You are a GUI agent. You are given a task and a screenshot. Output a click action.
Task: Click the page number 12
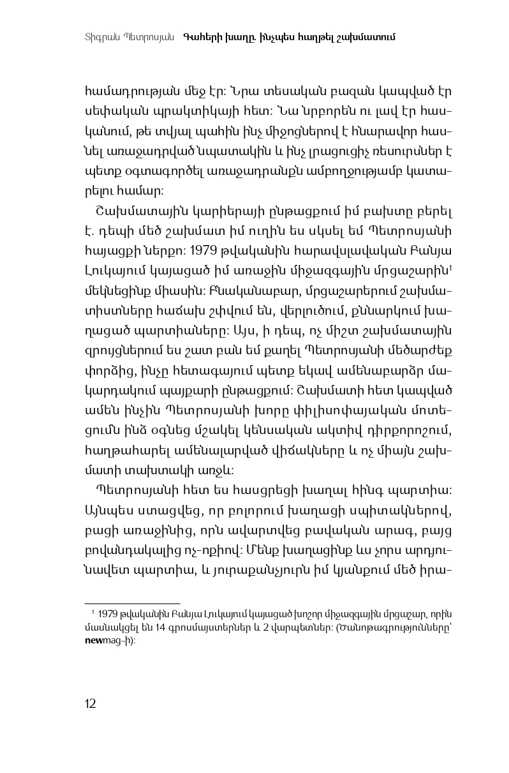pyautogui.click(x=90, y=703)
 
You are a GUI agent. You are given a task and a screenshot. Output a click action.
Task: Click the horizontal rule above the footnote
pyautogui.click(x=133, y=602)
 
